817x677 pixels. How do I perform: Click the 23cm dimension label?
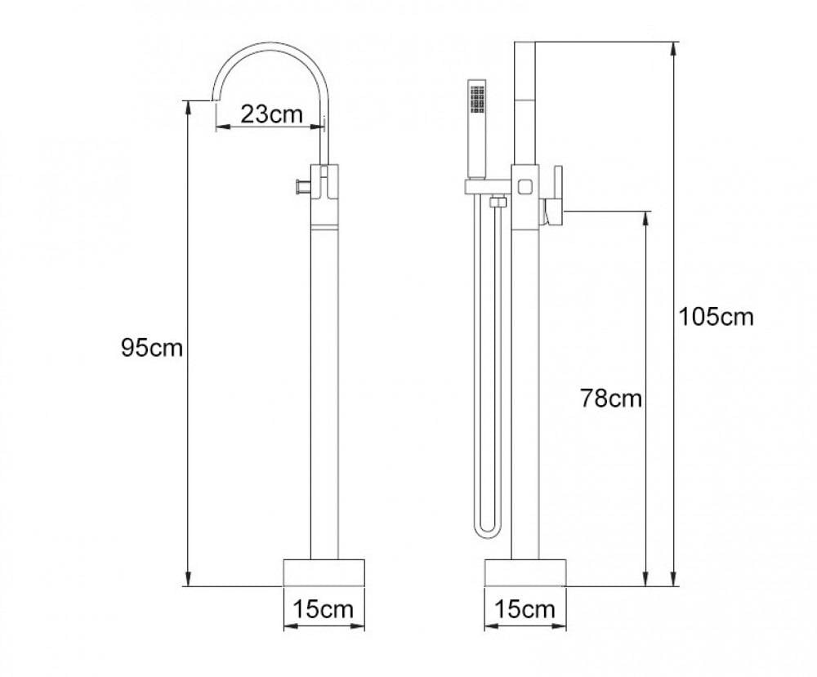point(271,114)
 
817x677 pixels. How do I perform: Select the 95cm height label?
point(152,348)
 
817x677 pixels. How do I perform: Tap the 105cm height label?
point(716,317)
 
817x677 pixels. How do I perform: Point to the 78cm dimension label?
point(611,399)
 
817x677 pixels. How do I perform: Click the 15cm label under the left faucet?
point(323,608)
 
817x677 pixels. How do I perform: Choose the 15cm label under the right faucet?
point(525,608)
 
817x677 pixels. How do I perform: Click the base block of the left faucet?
point(324,572)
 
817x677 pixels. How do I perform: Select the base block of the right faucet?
point(525,572)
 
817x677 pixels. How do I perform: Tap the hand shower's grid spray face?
point(477,99)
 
